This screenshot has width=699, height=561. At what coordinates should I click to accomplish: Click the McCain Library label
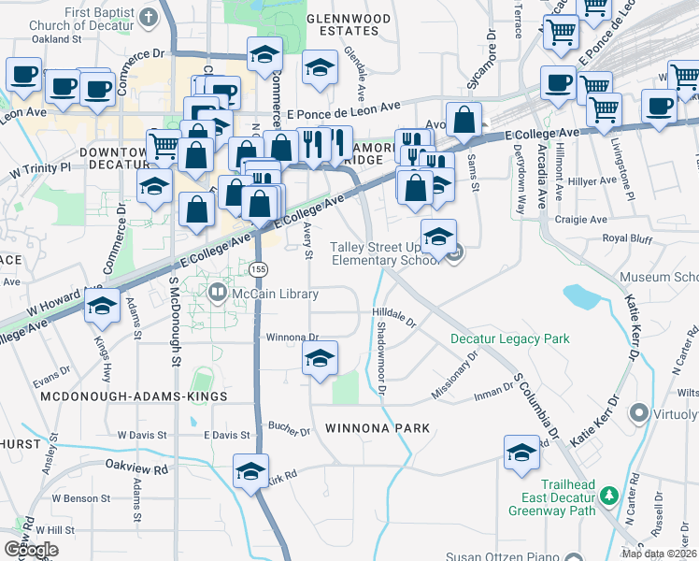[x=278, y=294]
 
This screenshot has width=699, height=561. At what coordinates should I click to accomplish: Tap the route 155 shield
[x=258, y=269]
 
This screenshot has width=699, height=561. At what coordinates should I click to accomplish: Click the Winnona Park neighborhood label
[x=378, y=428]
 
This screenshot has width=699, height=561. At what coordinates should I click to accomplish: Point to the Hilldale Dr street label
[x=394, y=316]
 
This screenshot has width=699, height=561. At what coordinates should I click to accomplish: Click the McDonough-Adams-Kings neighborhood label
[x=135, y=396]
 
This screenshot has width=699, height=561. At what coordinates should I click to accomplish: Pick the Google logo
[x=31, y=549]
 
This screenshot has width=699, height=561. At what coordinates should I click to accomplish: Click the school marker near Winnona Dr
[x=320, y=358]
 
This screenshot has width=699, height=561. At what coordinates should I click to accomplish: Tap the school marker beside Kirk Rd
[x=250, y=472]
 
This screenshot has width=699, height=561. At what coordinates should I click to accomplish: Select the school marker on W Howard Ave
[x=102, y=305]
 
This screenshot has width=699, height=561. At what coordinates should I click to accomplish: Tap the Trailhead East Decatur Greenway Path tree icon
[x=609, y=495]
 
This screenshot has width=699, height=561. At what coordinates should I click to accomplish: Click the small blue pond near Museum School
[x=581, y=297]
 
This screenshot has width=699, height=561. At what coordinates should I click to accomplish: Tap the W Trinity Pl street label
[x=40, y=170]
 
